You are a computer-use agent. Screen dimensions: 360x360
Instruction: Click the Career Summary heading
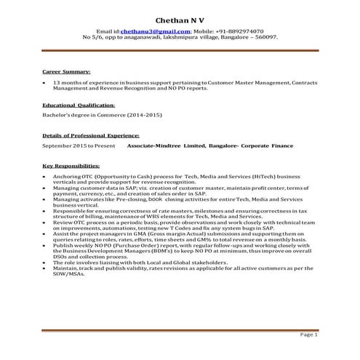click(x=66, y=73)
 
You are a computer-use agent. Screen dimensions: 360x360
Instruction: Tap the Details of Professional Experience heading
click(x=91, y=135)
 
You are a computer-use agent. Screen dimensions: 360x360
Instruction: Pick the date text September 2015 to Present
click(x=79, y=145)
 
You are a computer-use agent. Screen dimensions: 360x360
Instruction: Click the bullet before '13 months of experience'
click(x=45, y=83)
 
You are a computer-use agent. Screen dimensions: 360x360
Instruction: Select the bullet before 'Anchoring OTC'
click(x=45, y=176)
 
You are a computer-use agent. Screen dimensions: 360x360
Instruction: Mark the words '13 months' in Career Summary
click(x=67, y=83)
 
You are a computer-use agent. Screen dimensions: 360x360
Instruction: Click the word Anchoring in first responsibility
click(x=69, y=176)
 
